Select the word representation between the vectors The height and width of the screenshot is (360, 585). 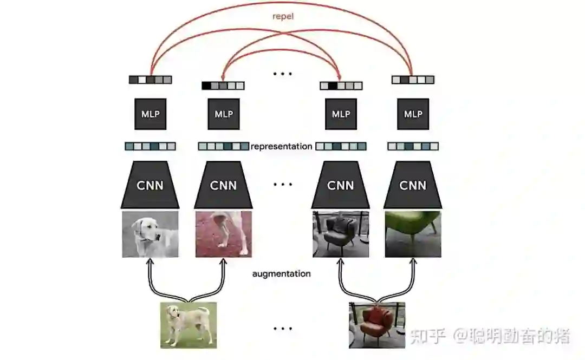click(281, 146)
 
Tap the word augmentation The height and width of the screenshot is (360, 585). click(281, 274)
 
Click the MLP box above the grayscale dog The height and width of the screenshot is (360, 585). click(150, 114)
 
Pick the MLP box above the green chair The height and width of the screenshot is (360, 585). click(413, 114)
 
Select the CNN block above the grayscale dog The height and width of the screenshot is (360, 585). click(150, 186)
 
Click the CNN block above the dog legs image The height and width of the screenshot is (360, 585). click(223, 186)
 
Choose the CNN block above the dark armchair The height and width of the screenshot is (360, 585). click(341, 186)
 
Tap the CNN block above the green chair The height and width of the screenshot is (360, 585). click(413, 186)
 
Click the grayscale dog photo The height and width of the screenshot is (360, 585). click(150, 234)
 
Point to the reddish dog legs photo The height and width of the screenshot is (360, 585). click(223, 234)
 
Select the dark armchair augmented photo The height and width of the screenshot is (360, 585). click(341, 234)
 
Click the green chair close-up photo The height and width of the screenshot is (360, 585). click(413, 234)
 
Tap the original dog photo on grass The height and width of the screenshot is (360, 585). click(188, 325)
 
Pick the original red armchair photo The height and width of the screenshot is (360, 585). click(377, 325)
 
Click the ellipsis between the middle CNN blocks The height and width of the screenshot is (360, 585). click(282, 185)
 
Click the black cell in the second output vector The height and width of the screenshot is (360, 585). click(206, 86)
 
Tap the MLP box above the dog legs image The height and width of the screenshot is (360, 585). click(223, 114)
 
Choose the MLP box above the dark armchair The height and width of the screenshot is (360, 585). click(341, 114)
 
